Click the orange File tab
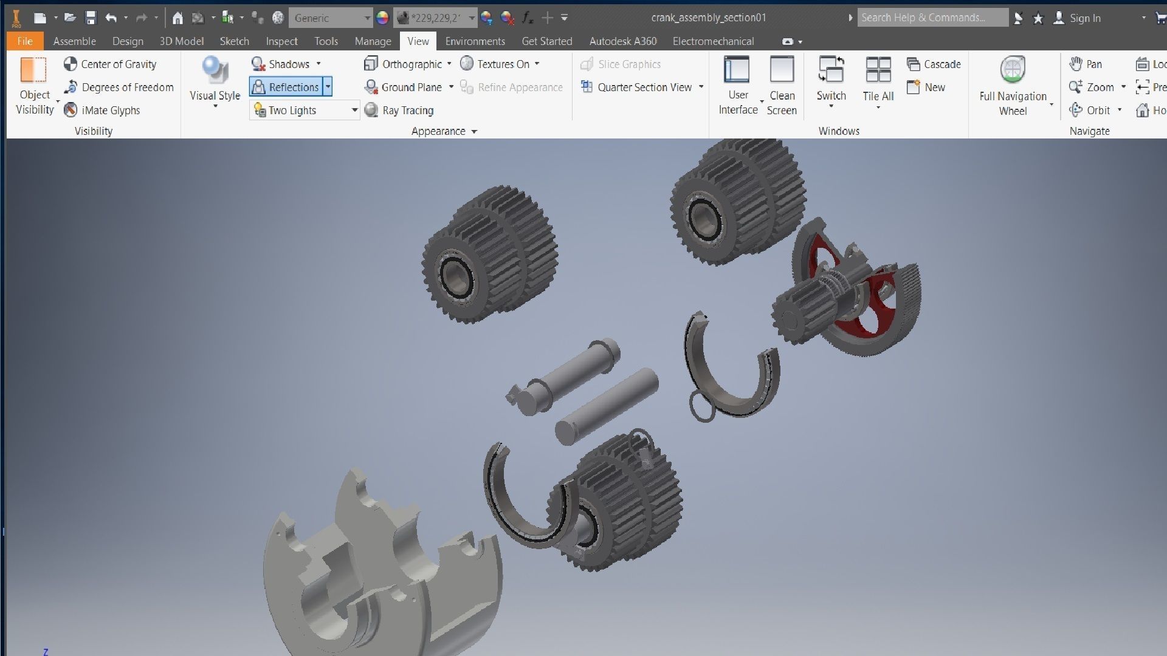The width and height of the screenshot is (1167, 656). pos(25,41)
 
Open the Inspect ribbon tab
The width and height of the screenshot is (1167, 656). pos(281,41)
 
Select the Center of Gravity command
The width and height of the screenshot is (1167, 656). pos(110,64)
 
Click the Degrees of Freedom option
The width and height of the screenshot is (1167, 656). pos(119,87)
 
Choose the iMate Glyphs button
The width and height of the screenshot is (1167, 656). pos(102,110)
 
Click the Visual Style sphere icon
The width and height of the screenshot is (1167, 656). pos(215,70)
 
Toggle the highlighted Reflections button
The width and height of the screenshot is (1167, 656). pos(286,87)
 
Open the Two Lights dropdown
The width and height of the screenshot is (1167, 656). pos(354,110)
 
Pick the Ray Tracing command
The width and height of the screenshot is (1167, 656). pos(399,110)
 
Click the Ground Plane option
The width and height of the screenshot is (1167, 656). pos(404,87)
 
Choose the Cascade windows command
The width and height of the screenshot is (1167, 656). pos(934,64)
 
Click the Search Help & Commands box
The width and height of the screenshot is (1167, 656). pos(932,18)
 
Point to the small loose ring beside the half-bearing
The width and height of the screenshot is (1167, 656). pos(701,406)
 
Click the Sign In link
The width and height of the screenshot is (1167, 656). pos(1085,18)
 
